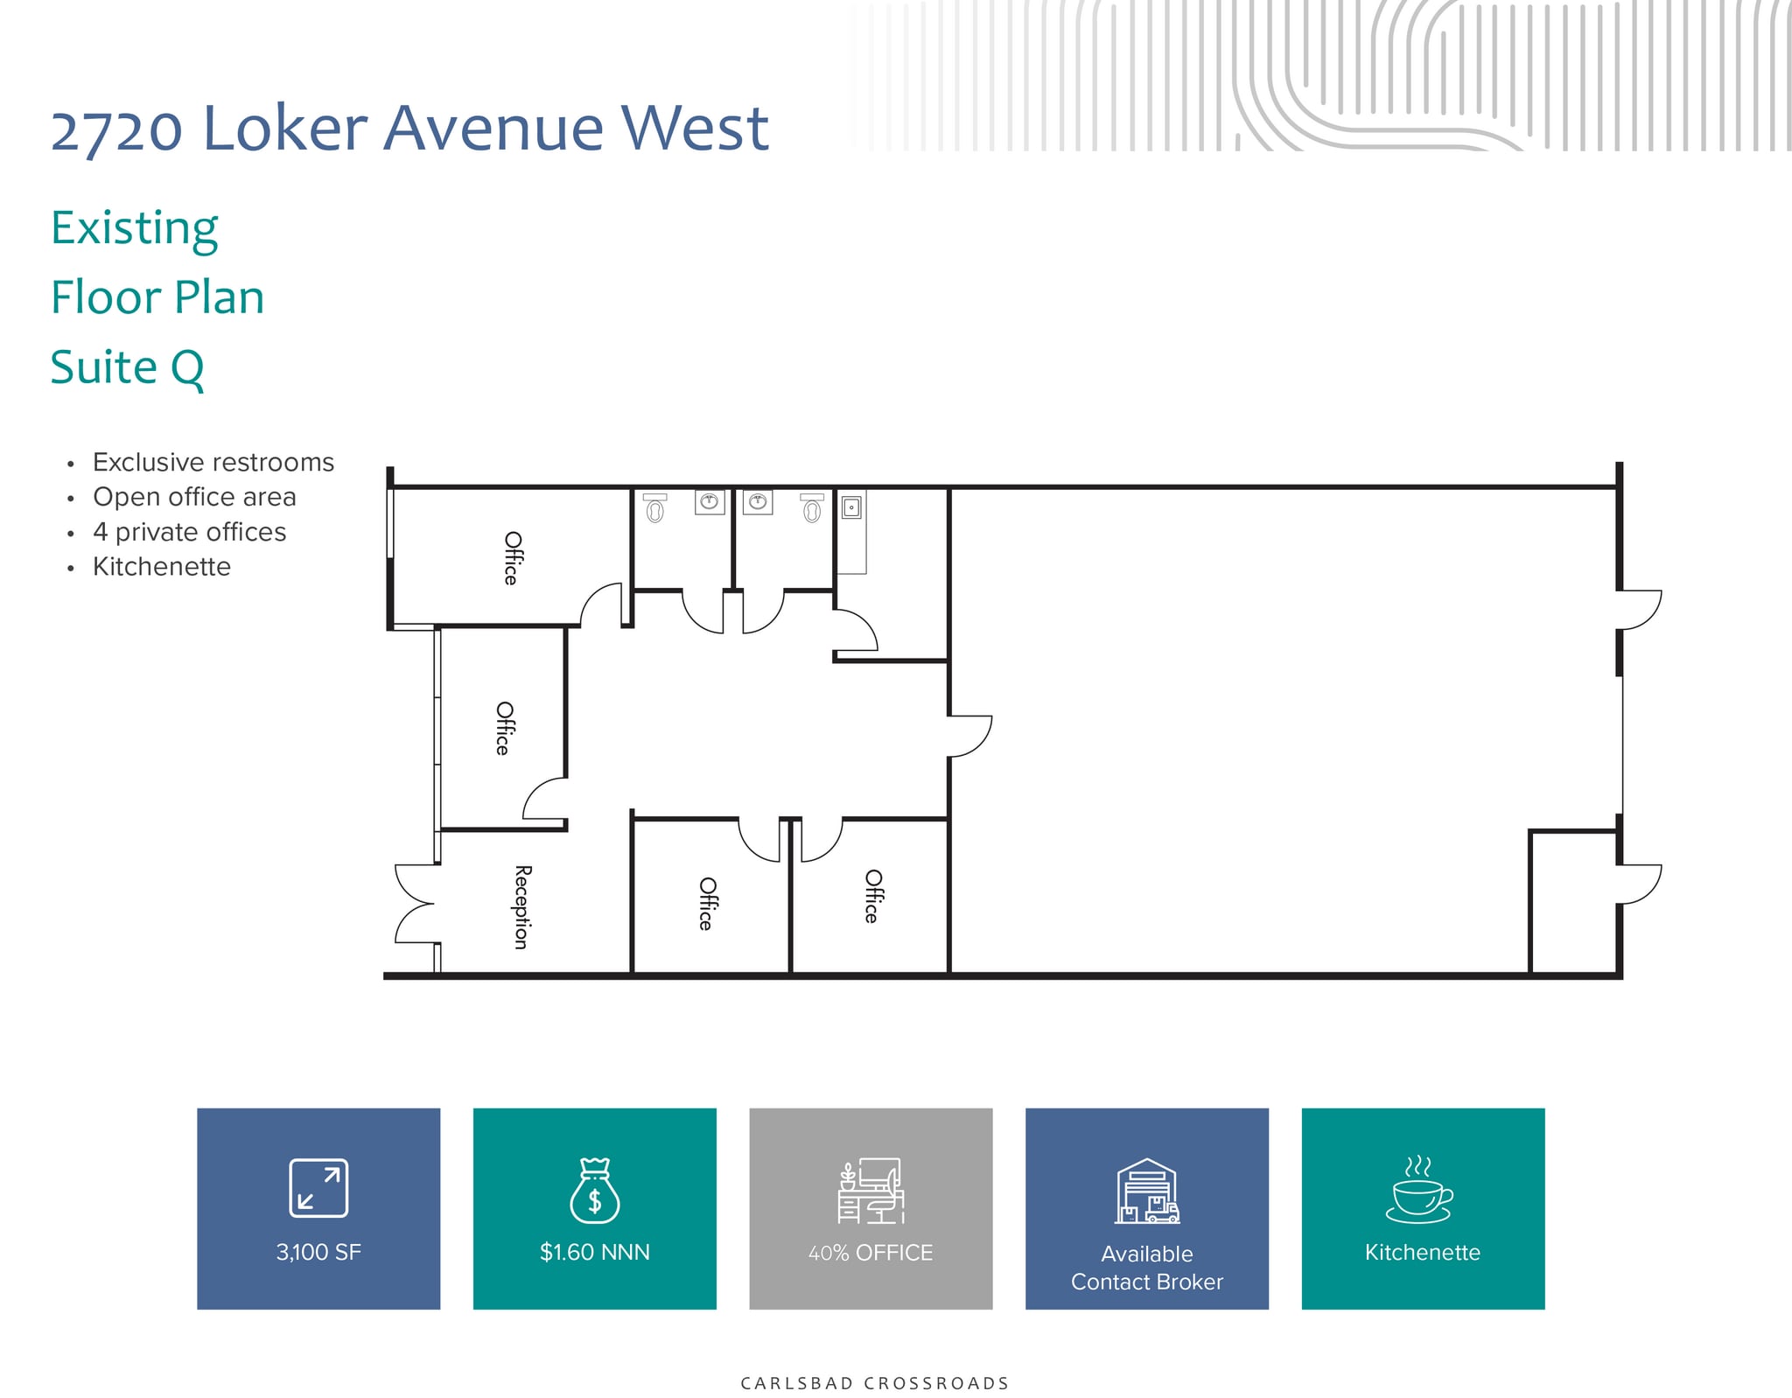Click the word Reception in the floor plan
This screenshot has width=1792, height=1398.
pos(521,907)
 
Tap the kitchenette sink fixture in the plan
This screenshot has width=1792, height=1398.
pos(851,507)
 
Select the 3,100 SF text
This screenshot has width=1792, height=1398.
pos(318,1252)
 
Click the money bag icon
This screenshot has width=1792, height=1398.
pos(595,1191)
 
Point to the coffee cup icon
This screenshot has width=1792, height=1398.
pos(1419,1191)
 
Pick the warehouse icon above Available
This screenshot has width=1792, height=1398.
pos(1146,1191)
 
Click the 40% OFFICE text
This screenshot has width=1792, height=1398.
pos(871,1253)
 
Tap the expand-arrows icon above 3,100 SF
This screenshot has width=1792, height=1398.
pos(318,1188)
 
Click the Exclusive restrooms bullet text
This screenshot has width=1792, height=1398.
pos(213,462)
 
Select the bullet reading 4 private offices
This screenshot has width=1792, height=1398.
pos(190,532)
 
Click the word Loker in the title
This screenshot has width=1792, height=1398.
pos(284,129)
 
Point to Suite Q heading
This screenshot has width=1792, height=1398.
pos(128,367)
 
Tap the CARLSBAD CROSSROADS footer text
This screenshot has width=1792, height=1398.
pos(874,1383)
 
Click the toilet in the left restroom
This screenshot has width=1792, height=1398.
pos(654,509)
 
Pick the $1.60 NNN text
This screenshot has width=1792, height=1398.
pos(595,1252)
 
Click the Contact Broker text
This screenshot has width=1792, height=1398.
pos(1146,1282)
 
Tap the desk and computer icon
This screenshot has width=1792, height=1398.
pos(871,1191)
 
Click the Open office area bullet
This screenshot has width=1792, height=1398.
pos(194,497)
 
